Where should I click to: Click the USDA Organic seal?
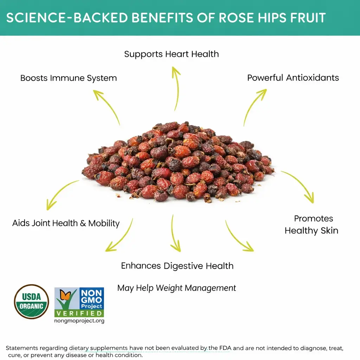pos(31,302)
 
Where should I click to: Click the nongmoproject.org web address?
pos(79,321)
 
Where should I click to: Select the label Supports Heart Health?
pos(172,54)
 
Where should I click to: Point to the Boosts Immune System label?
pos(69,78)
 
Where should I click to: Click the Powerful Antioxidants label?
pos(293,78)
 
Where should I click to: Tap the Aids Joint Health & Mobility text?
pos(66,223)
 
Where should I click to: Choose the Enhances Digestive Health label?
pos(177,266)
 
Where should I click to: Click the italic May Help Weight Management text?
pos(176,288)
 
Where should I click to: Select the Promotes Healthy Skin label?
pos(311,225)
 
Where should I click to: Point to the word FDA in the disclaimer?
pos(225,348)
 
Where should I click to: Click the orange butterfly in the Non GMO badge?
pos(65,295)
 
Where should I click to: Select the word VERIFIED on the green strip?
pos(79,313)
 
